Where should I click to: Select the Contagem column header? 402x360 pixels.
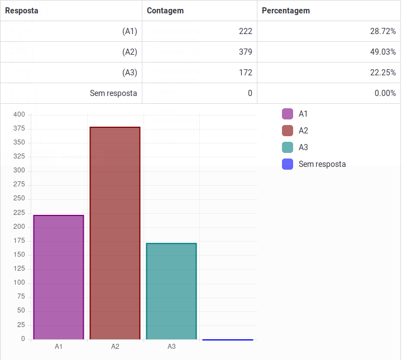165,11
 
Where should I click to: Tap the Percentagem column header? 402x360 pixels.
286,11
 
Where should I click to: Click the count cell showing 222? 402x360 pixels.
245,31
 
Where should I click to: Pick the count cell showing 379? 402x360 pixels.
245,52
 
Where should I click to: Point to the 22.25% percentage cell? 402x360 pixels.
382,73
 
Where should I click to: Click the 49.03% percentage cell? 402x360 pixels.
382,52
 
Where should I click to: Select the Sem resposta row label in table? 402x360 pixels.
113,93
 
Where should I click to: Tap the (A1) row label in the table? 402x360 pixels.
130,31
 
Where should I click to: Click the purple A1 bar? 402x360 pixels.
59,277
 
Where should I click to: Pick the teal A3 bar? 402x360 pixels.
171,291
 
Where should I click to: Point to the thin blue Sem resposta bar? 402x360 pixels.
228,339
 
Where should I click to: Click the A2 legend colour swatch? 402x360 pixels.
288,131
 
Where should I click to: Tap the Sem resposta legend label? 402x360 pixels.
322,164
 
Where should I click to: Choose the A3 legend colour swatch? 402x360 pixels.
288,147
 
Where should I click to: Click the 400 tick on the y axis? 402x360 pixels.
20,114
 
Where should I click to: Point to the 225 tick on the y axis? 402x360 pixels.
20,213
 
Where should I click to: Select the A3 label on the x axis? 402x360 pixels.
171,347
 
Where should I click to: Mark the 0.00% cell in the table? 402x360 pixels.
385,93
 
